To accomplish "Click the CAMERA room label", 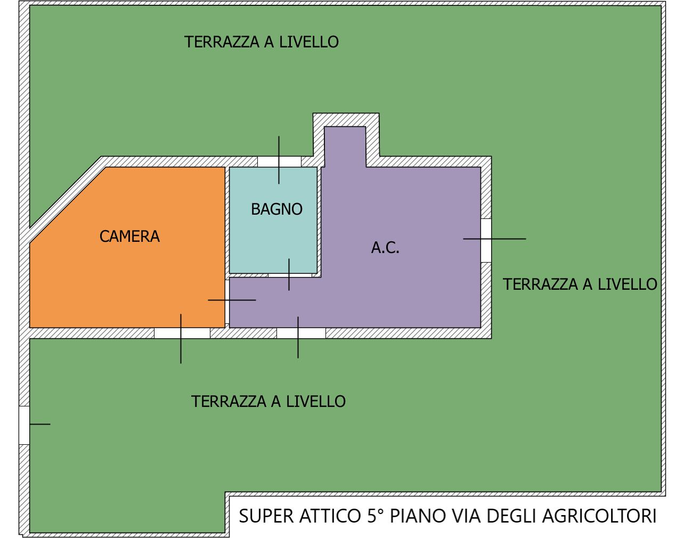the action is tap(129, 237).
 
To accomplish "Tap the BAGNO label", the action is tap(276, 209).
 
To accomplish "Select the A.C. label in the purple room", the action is tap(385, 248).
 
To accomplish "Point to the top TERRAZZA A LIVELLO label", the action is tap(261, 42).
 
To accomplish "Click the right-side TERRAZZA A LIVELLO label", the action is tap(580, 284).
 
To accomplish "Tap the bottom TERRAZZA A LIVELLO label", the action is tap(268, 401).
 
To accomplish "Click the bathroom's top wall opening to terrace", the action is tap(279, 161).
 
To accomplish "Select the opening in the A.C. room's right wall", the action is tap(486, 240).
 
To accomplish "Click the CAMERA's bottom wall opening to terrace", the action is tap(182, 333).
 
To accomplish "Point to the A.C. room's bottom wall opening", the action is tap(302, 333).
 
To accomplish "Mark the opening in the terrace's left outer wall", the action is tap(25, 425).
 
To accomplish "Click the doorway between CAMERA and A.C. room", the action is tap(227, 301).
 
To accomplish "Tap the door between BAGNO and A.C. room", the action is tap(290, 275).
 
